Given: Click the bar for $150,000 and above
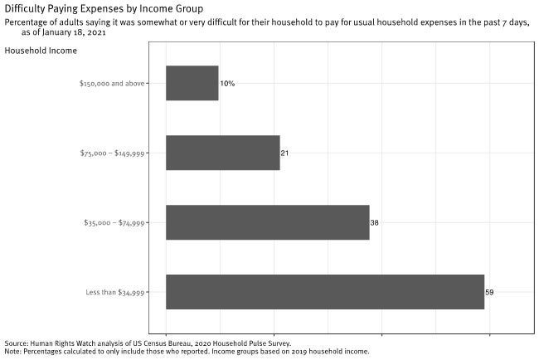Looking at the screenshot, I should point(192,84).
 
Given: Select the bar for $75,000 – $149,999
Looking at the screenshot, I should point(222,153).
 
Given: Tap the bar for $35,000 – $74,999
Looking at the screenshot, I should point(267,222).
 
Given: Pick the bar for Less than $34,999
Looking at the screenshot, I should point(324,292).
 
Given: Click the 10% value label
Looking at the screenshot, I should point(227,84).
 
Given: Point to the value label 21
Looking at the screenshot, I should point(284,153).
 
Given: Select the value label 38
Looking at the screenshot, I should point(375,222).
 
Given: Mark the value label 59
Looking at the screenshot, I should point(489,292).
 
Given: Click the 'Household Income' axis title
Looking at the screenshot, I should point(41,51).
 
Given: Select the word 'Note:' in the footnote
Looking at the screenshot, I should point(13,352).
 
